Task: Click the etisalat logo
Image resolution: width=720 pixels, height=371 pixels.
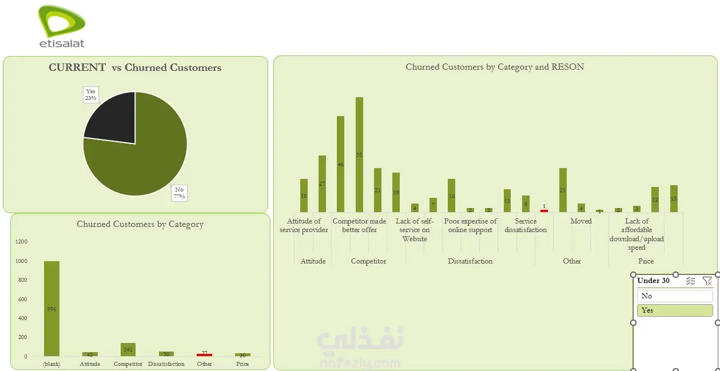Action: coord(62,26)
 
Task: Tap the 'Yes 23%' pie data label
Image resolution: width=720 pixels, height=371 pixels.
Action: coord(90,95)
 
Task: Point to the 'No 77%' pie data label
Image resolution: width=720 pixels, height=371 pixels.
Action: coord(180,193)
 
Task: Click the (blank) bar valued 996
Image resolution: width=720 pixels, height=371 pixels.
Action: coord(51,309)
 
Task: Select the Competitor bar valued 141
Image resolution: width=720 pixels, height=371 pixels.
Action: coord(128,349)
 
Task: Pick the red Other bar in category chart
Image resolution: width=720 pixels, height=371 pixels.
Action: coord(204,355)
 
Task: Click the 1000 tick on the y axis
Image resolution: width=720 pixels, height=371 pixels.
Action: coord(21,261)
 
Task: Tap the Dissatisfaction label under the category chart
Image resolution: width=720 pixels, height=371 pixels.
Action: coord(166,364)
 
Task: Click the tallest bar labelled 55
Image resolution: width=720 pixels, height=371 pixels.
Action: coord(359,154)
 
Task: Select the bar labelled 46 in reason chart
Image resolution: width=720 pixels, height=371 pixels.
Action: coord(340,164)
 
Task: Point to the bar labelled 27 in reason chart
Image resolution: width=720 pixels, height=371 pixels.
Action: coord(322,183)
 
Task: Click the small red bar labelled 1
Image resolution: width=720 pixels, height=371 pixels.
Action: coord(544,211)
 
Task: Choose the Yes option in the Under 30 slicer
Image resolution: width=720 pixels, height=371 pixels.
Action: coord(675,310)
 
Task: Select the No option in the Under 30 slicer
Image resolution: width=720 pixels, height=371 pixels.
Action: coord(675,296)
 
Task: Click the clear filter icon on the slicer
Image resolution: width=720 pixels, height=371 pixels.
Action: coord(707,281)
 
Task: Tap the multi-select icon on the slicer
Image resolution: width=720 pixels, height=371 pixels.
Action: coord(691,281)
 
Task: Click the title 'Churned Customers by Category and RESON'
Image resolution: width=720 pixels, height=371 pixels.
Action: coord(495,67)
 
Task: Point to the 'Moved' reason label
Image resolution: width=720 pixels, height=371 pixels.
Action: coord(580,221)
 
